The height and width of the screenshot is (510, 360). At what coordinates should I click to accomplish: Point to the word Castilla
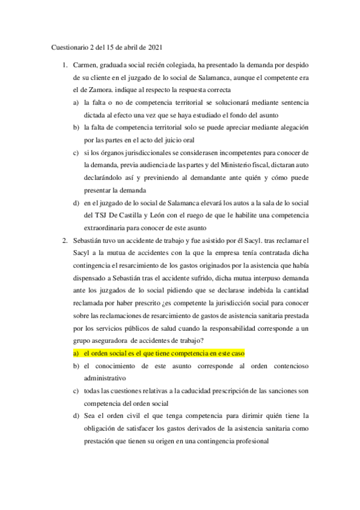tap(138, 215)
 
